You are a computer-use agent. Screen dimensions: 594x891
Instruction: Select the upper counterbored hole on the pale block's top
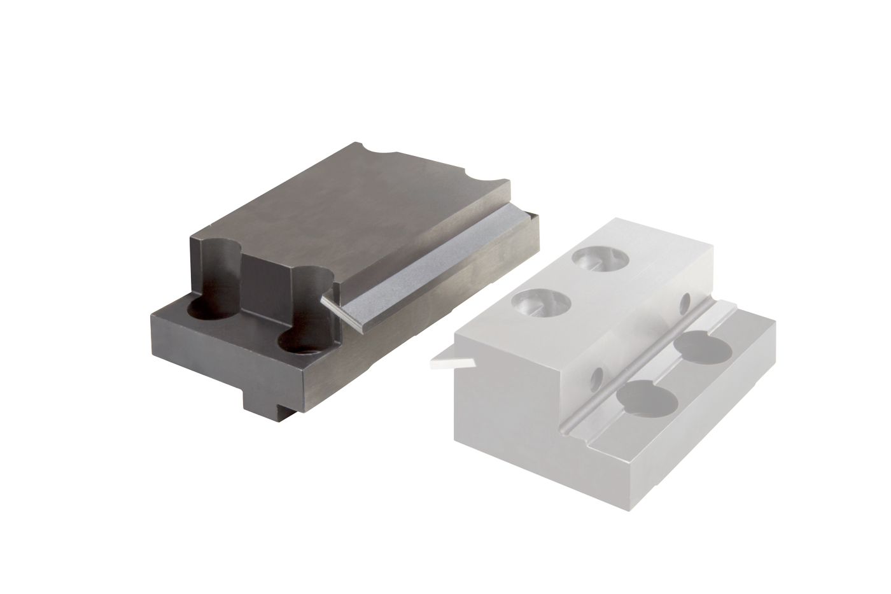600,258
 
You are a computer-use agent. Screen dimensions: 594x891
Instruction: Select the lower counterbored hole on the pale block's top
541,302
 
